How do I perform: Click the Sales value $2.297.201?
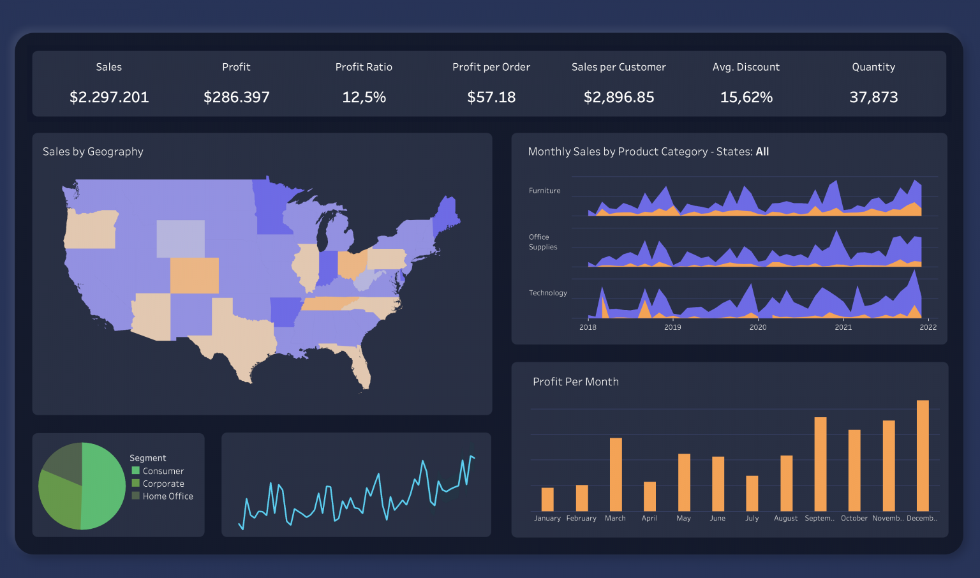tap(109, 97)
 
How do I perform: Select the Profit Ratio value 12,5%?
tap(364, 97)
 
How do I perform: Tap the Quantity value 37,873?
tap(873, 97)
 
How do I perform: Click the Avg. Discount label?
tap(746, 67)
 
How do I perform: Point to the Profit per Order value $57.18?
tap(491, 97)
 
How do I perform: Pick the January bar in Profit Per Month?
tap(547, 499)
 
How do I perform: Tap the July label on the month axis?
tap(752, 518)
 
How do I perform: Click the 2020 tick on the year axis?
tap(758, 327)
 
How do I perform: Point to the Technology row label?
tap(547, 293)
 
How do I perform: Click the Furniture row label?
tap(544, 191)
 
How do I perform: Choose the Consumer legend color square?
tap(135, 471)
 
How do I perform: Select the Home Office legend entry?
tap(167, 496)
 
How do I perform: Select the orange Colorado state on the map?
tap(195, 275)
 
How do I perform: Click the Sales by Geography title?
tap(93, 152)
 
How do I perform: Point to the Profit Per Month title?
tap(575, 382)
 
